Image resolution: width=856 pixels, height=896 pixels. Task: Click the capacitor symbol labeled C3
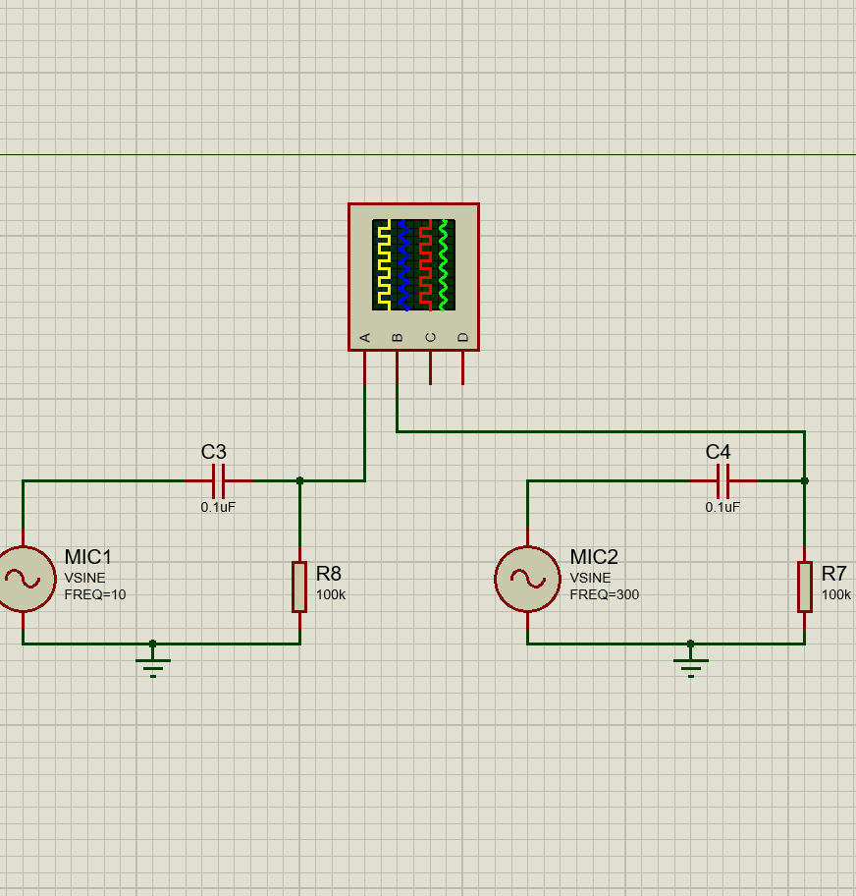click(219, 481)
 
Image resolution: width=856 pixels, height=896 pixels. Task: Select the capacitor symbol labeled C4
click(723, 481)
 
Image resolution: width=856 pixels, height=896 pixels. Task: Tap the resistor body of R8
click(299, 587)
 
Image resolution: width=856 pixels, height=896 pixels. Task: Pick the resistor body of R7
click(804, 587)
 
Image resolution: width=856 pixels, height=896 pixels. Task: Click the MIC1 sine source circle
click(24, 580)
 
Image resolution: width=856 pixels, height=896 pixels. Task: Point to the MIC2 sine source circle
click(527, 580)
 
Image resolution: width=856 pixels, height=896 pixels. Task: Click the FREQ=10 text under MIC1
click(95, 594)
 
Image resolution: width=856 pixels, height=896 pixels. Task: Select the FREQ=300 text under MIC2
click(604, 594)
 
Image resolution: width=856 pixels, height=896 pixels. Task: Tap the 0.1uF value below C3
click(218, 508)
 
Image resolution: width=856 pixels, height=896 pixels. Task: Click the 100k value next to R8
click(330, 594)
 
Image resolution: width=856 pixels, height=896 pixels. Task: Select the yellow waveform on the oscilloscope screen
click(383, 265)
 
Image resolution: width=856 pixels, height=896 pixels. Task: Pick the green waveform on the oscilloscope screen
click(444, 265)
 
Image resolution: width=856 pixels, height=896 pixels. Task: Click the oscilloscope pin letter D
click(463, 338)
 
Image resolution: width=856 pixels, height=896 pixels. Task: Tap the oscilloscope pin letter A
click(365, 338)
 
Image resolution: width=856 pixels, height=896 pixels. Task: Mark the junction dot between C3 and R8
click(299, 481)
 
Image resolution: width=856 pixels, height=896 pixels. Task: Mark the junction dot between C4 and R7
click(804, 481)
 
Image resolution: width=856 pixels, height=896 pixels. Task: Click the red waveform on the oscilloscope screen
click(425, 265)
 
